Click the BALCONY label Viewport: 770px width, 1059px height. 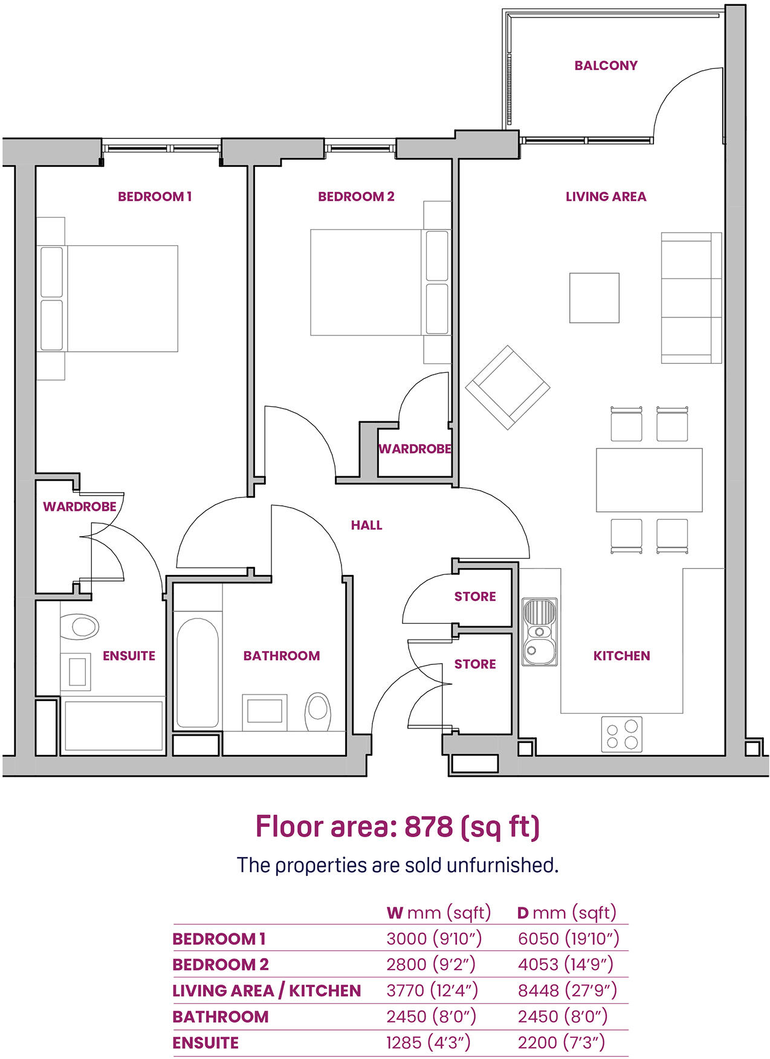pos(606,65)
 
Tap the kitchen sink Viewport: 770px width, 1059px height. pos(540,632)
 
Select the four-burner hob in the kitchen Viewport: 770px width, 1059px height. pos(621,734)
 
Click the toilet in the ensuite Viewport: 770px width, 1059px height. pos(79,627)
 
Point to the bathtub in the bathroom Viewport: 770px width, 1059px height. pos(196,672)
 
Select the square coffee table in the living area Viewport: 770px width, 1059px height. pos(594,297)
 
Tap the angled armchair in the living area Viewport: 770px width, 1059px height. pos(507,387)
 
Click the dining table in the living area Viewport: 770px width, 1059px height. pos(649,480)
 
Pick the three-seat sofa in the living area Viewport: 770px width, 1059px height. pos(691,298)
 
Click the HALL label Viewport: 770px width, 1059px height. pos(366,525)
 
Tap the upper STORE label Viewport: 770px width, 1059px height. pos(475,597)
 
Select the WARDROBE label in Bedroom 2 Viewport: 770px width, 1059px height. pos(415,449)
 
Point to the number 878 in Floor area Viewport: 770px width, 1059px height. pos(428,826)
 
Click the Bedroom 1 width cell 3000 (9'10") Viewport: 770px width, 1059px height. pos(433,938)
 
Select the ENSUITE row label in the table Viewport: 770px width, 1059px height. pos(205,1043)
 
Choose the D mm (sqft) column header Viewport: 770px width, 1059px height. pos(566,912)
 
